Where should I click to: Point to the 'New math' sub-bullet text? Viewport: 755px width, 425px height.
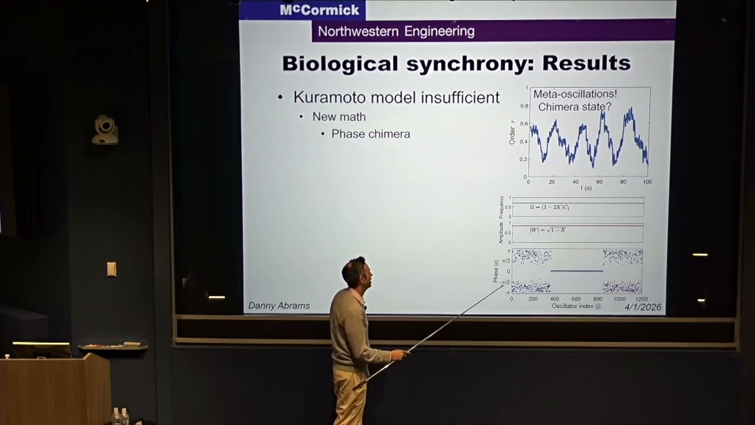tap(339, 117)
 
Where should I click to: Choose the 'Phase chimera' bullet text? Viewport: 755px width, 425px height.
tap(370, 134)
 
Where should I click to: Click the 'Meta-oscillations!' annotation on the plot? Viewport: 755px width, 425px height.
tap(575, 94)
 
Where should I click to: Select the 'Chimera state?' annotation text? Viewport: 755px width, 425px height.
tap(575, 107)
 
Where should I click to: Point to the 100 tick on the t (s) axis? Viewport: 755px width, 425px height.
tap(647, 182)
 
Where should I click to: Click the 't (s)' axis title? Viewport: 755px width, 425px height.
tap(586, 188)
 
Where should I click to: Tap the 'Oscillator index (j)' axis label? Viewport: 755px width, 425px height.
tap(576, 306)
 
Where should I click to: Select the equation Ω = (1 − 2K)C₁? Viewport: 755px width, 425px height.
tap(549, 207)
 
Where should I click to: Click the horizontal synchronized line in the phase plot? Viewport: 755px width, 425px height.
tap(576, 271)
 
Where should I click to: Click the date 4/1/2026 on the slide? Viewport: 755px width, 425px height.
tap(643, 308)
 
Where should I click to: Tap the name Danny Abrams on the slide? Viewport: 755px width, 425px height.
tap(279, 306)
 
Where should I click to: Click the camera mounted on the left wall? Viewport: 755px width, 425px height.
tap(105, 129)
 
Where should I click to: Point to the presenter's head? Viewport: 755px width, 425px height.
tap(354, 271)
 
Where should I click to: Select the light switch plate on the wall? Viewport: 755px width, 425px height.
tap(111, 269)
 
